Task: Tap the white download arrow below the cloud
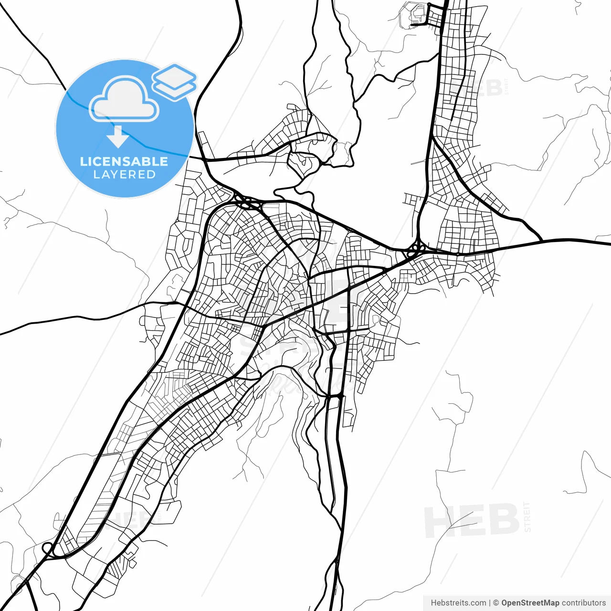tap(117, 136)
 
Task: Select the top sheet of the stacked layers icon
tap(175, 75)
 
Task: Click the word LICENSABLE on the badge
tap(124, 161)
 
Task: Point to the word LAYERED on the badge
tap(124, 175)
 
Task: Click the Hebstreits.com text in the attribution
tap(458, 603)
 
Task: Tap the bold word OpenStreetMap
tap(530, 603)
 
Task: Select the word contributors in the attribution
tap(583, 603)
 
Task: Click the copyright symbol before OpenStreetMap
tap(496, 603)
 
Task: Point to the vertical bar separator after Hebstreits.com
tap(490, 603)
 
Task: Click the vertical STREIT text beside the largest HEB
tap(527, 516)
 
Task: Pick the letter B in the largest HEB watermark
tap(503, 520)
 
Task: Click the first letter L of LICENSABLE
tap(83, 161)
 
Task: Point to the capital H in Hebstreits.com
tap(433, 603)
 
